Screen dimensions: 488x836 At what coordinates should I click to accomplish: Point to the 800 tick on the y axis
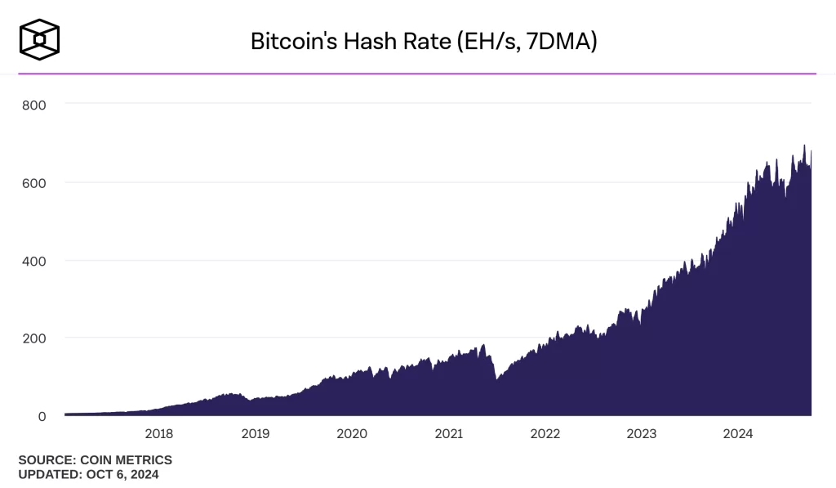[x=33, y=105]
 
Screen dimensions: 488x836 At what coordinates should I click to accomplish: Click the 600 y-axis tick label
[x=33, y=182]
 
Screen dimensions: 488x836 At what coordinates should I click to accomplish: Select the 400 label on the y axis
[x=33, y=260]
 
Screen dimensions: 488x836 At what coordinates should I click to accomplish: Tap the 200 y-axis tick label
[x=33, y=338]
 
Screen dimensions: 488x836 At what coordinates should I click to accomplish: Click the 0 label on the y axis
[x=41, y=415]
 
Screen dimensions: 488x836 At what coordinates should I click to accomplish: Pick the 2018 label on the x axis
[x=158, y=434]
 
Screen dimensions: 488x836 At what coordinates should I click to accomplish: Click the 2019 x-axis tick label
[x=255, y=434]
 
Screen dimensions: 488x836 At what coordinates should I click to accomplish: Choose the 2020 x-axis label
[x=351, y=434]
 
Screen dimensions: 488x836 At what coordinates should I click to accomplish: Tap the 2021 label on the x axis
[x=448, y=434]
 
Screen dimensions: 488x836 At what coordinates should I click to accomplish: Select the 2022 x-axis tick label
[x=545, y=434]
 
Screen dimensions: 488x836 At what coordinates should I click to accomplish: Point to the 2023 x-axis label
[x=641, y=434]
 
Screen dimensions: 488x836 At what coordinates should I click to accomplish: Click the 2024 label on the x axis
[x=737, y=434]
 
